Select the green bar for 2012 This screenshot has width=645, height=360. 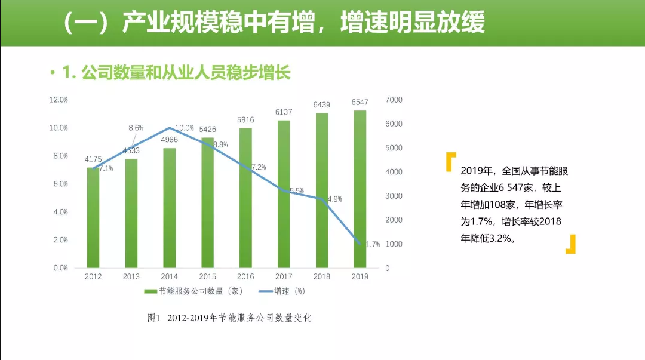[93, 217]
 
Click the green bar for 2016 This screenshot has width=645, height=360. [245, 198]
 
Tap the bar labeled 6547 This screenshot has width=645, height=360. [360, 189]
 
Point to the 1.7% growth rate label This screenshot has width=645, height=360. [373, 244]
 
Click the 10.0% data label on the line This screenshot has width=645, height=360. [185, 128]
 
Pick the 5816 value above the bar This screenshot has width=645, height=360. [245, 120]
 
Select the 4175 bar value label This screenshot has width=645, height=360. [93, 159]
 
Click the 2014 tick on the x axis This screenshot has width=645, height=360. [169, 277]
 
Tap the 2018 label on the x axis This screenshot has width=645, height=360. [322, 277]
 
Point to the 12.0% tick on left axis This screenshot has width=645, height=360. [58, 100]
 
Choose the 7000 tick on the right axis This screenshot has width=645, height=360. [394, 100]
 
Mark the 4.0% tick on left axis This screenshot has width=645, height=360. [60, 212]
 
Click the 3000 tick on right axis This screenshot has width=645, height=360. [394, 196]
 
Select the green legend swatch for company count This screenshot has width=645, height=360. [150, 291]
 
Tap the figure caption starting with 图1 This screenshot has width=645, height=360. [229, 318]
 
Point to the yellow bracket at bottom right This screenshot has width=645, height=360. [571, 244]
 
